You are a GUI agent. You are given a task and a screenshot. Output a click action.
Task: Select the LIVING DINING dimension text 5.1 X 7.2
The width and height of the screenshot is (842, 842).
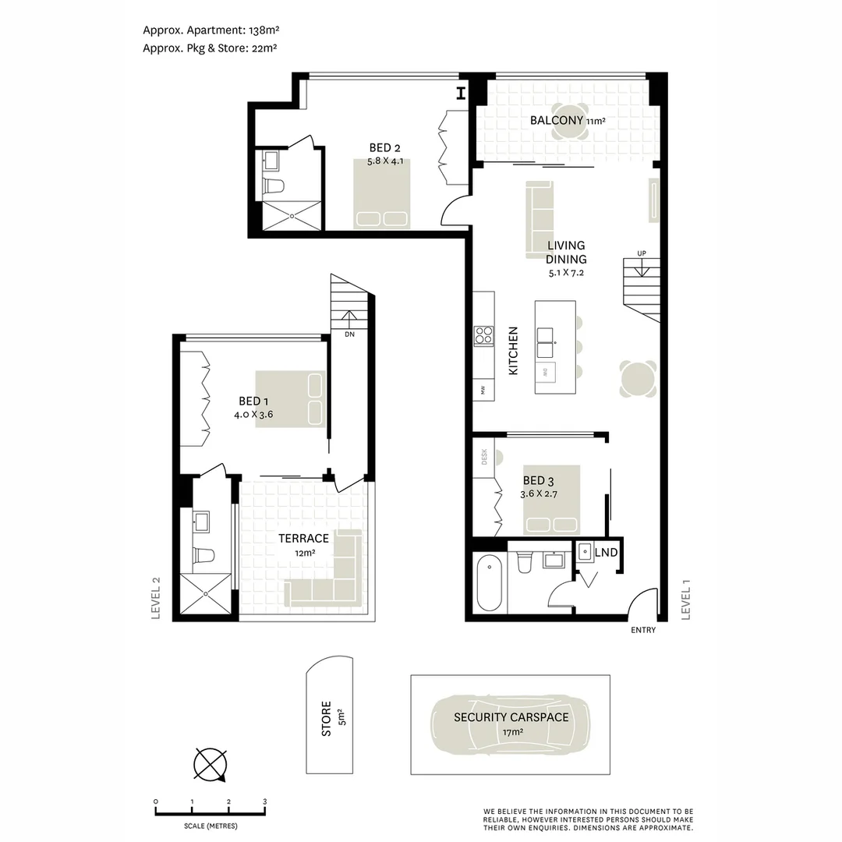(566, 274)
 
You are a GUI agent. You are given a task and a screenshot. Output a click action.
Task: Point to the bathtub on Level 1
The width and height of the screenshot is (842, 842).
(490, 582)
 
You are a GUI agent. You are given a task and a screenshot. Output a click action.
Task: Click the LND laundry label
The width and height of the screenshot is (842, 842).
(606, 553)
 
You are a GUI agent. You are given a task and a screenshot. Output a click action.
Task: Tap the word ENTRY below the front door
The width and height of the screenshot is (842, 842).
(643, 631)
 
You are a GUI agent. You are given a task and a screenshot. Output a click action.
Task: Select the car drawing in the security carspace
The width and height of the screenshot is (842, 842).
(511, 724)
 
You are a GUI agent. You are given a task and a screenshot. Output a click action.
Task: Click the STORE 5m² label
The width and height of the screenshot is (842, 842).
(332, 719)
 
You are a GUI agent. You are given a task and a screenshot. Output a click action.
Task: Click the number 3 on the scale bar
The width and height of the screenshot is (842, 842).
(264, 801)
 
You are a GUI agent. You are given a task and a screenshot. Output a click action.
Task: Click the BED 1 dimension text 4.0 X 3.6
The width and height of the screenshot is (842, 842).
(253, 415)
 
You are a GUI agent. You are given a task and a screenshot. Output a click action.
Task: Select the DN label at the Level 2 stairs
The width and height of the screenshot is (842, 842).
(349, 334)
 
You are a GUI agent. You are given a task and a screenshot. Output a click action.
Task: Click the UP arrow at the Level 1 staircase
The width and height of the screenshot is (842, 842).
(641, 270)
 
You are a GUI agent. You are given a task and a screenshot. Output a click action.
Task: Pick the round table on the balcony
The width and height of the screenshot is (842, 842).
(575, 122)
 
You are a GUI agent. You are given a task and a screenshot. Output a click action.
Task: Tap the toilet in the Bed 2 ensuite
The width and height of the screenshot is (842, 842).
(274, 186)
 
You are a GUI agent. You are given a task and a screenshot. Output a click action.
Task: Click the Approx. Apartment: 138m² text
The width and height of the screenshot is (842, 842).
(210, 30)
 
